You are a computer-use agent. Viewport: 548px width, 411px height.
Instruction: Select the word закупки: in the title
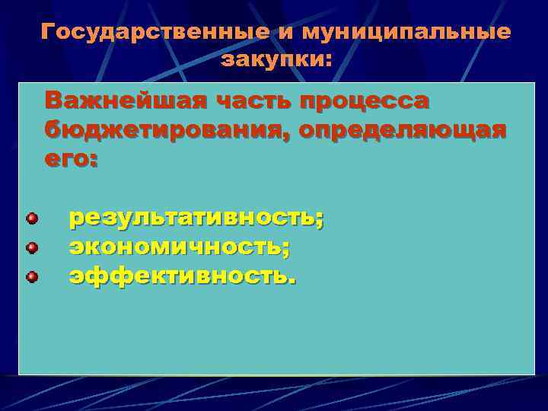coord(276,59)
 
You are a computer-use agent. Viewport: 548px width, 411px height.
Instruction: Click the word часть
coord(250,100)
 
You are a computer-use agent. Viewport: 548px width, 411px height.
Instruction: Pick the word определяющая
coord(402,130)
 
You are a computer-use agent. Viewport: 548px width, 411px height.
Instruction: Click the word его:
coord(71,161)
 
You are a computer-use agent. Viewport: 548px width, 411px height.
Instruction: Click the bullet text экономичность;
coord(180,247)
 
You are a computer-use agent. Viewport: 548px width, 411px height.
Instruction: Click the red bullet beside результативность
coord(32,219)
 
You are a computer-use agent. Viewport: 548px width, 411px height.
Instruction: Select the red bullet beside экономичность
coord(32,247)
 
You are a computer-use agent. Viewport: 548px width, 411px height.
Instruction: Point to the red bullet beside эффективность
coord(32,276)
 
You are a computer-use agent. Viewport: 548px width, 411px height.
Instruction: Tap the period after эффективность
coord(292,280)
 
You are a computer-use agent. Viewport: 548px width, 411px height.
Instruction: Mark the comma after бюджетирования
coord(288,135)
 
